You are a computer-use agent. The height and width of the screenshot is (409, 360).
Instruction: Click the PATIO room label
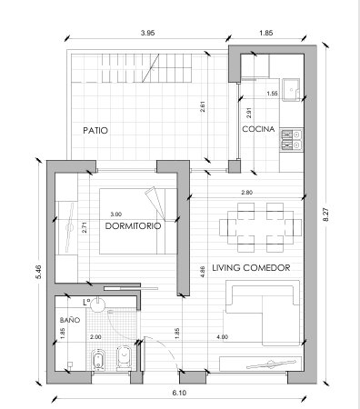point(95,131)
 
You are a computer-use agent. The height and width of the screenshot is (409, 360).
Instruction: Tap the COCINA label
point(258,129)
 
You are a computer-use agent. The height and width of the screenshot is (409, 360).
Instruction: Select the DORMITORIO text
point(133,226)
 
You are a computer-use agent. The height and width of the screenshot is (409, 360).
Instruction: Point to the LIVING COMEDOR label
point(251,268)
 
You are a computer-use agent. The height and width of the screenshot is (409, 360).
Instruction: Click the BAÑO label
point(70,320)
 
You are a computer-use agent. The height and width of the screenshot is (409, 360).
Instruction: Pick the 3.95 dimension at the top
point(147,33)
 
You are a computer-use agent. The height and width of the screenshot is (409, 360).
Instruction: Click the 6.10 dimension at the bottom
point(179,393)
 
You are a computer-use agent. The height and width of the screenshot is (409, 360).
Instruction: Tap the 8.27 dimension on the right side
point(326,214)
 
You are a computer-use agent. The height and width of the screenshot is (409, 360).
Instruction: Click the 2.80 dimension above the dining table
point(247,192)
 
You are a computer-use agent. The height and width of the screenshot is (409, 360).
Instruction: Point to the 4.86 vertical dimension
point(203,272)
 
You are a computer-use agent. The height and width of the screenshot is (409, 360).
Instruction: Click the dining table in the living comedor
point(260,227)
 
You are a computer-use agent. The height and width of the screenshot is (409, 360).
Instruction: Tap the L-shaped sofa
point(263,313)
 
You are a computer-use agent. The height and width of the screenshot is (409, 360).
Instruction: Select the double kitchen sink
point(292,140)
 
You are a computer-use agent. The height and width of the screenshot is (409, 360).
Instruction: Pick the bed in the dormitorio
point(138,221)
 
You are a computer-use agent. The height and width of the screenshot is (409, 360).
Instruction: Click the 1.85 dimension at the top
point(266,33)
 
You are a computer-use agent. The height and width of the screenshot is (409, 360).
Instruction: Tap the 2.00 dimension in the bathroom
point(95,337)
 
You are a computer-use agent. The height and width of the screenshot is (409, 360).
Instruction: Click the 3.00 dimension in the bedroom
point(116,214)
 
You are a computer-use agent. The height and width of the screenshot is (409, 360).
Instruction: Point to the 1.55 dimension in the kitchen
point(272,94)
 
